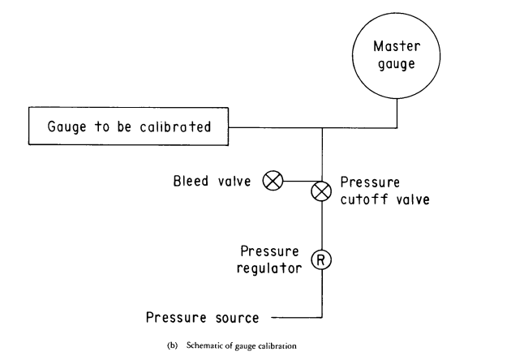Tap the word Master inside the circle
397,46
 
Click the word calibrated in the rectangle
175,126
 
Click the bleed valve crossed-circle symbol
273,181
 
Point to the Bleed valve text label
212,181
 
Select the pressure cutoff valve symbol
321,191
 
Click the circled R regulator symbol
321,259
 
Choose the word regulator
269,268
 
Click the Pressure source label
203,318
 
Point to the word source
237,319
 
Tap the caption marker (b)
173,345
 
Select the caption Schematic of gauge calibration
242,345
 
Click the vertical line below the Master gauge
397,113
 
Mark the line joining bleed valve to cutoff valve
299,181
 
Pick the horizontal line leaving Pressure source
297,317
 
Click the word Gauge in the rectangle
67,126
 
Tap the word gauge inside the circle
397,65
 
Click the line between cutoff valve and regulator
322,225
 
